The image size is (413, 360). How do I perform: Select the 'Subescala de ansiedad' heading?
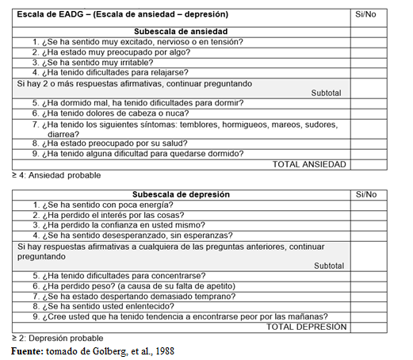(x=182, y=31)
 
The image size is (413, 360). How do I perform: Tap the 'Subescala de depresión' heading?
(x=182, y=194)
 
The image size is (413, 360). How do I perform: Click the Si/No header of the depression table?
(x=366, y=194)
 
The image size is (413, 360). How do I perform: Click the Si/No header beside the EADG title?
(x=366, y=14)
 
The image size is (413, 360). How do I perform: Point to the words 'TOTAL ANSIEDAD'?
(x=309, y=164)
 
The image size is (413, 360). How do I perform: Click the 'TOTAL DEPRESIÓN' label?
(x=306, y=326)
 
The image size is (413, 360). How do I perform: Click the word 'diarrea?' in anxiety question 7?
(x=63, y=134)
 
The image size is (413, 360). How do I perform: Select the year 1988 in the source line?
(x=162, y=350)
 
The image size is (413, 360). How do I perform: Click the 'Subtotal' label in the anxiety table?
(x=327, y=93)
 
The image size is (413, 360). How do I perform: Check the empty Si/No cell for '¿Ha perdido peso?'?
(x=366, y=285)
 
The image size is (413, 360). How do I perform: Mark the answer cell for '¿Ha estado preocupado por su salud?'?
(x=366, y=144)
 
